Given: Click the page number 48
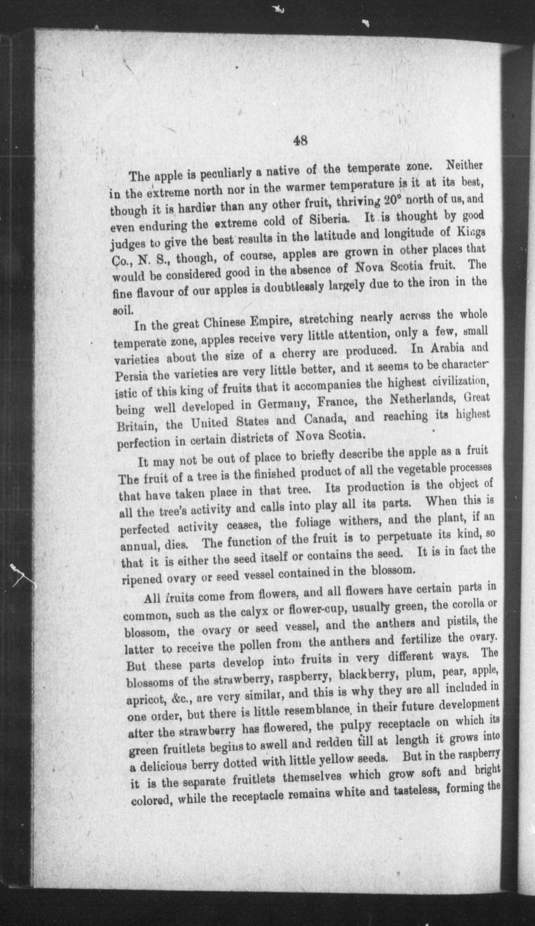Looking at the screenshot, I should tap(300, 141).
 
